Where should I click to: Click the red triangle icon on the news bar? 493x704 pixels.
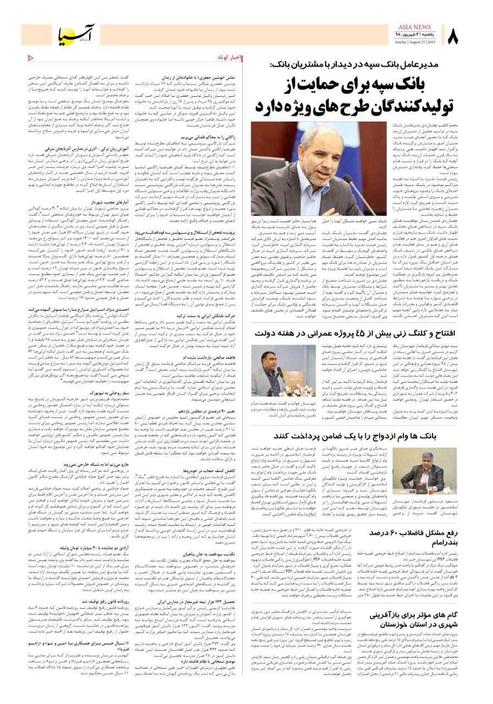(x=30, y=57)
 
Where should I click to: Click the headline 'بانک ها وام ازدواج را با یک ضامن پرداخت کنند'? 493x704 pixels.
(x=364, y=435)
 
